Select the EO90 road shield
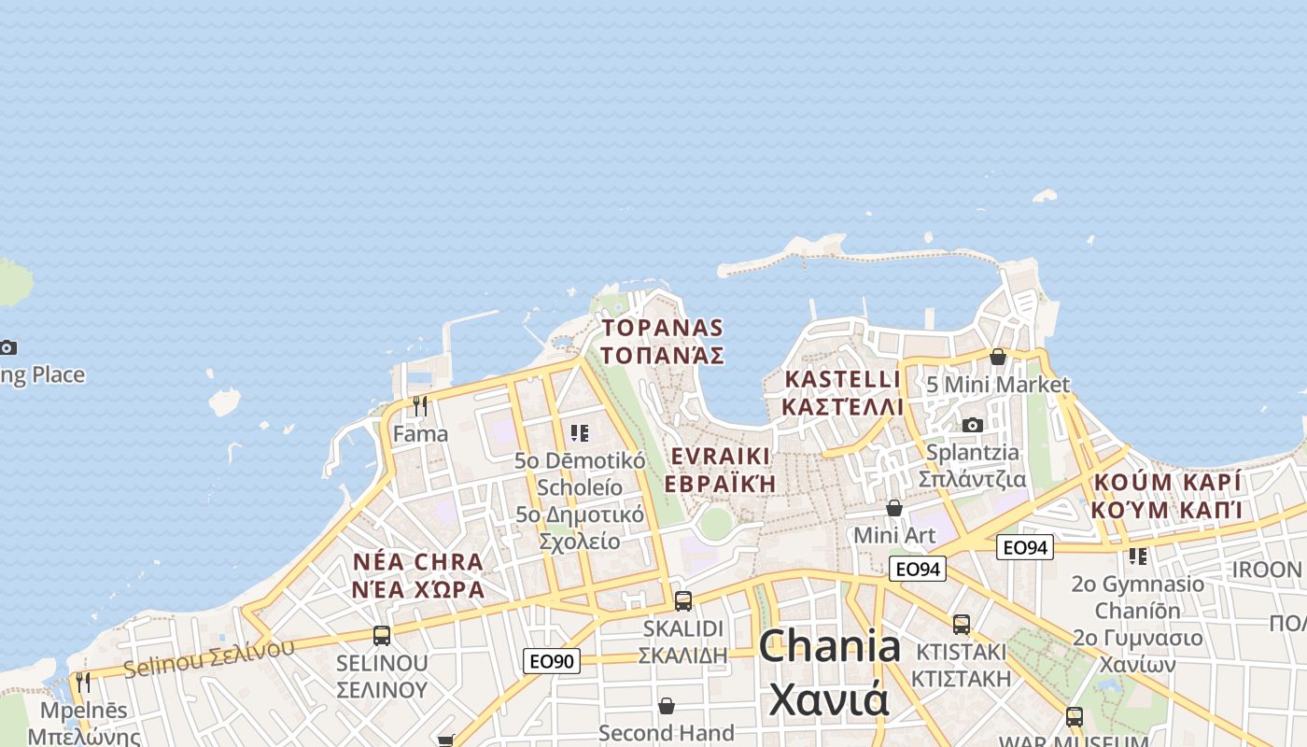pos(551,661)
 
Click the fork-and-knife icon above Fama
pos(420,405)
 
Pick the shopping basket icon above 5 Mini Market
pos(998,357)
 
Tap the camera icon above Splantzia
pos(972,425)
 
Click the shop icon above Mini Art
pos(894,508)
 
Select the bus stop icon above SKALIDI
pos(683,600)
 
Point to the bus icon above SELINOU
pos(382,636)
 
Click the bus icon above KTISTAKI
pos(962,624)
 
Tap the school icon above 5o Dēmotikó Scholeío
pos(580,433)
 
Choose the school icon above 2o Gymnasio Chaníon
pos(1138,557)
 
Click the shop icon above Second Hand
pos(667,705)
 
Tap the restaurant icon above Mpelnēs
pos(83,682)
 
